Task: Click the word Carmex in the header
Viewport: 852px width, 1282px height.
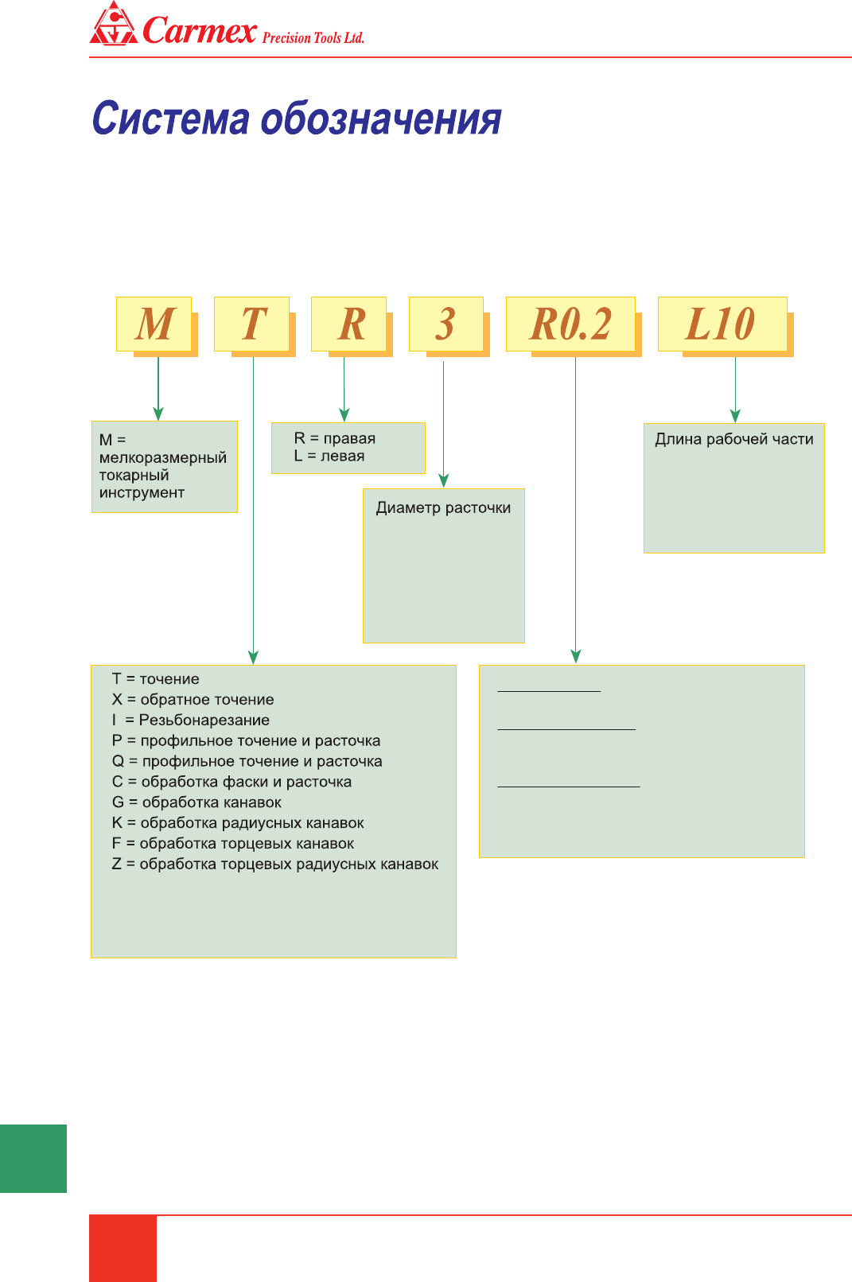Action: click(x=200, y=30)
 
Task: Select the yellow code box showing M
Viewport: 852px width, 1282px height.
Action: click(x=154, y=324)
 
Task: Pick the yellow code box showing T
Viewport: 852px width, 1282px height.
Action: click(x=252, y=324)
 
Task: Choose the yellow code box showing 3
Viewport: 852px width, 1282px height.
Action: click(x=445, y=324)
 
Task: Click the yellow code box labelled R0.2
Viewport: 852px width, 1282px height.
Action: click(x=570, y=324)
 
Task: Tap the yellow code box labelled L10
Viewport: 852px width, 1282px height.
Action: click(x=722, y=324)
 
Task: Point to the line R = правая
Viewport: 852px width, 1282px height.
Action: click(x=334, y=438)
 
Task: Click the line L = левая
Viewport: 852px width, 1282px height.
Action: click(x=329, y=456)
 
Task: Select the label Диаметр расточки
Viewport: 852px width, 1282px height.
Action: click(x=443, y=508)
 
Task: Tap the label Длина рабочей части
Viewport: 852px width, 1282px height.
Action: click(x=733, y=439)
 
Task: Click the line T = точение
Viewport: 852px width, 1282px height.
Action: click(x=156, y=679)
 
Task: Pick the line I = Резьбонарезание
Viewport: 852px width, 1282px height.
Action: click(x=191, y=721)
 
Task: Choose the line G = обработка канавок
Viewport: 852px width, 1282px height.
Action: click(x=196, y=802)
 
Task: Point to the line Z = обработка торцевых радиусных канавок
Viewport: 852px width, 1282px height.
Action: click(x=275, y=864)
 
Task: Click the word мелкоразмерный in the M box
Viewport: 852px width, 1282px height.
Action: click(x=163, y=458)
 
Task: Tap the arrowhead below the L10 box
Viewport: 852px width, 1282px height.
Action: click(x=735, y=415)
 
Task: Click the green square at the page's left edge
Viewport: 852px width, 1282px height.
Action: click(x=33, y=1158)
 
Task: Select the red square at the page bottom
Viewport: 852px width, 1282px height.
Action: click(x=123, y=1248)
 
